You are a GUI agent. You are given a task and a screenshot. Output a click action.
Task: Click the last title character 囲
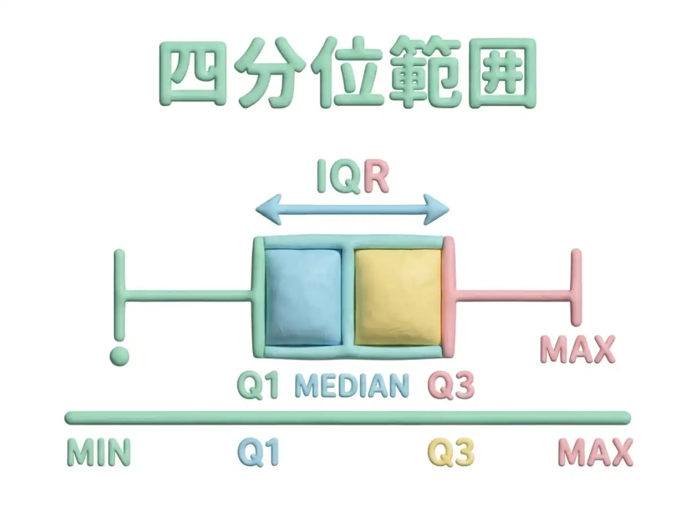tap(502, 73)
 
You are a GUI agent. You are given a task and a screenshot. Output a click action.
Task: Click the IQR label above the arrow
tap(353, 176)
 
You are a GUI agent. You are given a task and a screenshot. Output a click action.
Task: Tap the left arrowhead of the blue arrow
tap(269, 210)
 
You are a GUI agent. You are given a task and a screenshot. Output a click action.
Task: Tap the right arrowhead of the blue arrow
tap(436, 210)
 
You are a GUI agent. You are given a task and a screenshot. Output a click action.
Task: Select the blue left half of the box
tap(303, 297)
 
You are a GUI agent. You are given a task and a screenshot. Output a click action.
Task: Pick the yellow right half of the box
tap(398, 297)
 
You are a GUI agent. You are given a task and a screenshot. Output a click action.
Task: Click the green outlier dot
tap(119, 357)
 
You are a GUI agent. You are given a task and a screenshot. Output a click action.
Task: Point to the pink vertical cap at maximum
tap(576, 287)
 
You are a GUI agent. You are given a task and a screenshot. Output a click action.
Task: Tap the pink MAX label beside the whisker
tap(577, 350)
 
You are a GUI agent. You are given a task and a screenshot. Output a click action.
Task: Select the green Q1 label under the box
tap(258, 386)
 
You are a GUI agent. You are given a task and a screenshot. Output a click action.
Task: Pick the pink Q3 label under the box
tap(451, 386)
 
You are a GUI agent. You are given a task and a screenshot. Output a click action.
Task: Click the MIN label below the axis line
tap(99, 452)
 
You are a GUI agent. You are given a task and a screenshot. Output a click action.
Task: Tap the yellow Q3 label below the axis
tap(451, 452)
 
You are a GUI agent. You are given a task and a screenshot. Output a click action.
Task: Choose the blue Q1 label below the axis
tap(258, 452)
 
